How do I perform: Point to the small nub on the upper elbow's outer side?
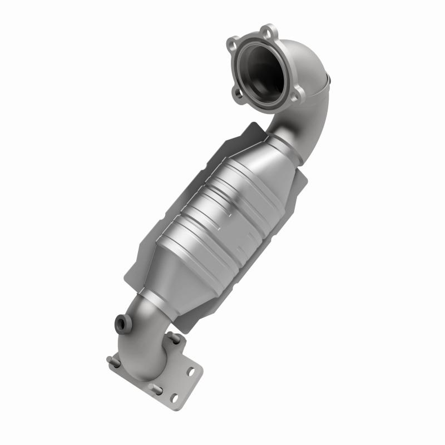point(329,82)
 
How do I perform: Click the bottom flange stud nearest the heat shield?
point(174,338)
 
